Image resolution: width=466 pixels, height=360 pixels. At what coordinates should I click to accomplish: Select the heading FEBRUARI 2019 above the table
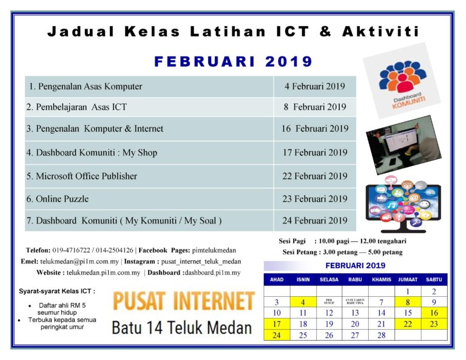click(233, 62)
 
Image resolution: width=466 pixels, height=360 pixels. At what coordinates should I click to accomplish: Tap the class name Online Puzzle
click(62, 199)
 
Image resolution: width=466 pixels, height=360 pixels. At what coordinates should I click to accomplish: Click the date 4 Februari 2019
click(314, 86)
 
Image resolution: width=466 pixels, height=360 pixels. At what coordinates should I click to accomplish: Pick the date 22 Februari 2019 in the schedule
click(314, 176)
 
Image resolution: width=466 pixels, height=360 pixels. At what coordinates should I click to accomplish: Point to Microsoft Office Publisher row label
click(81, 176)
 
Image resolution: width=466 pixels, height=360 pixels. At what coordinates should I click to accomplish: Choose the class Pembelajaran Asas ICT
click(76, 107)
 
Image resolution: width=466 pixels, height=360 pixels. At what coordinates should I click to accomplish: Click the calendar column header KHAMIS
click(381, 280)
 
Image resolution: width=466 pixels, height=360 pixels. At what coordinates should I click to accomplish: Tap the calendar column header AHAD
click(277, 280)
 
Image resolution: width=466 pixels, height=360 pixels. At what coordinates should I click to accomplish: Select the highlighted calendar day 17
click(277, 324)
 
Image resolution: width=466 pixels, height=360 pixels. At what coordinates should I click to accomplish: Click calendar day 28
click(381, 335)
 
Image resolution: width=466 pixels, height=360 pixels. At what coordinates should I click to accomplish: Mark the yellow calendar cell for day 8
click(407, 302)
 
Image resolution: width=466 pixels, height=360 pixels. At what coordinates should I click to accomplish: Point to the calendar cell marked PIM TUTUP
click(329, 302)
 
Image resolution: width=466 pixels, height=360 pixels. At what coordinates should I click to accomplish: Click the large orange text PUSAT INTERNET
click(183, 302)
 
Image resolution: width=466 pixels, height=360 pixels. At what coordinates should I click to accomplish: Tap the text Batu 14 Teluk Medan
click(181, 328)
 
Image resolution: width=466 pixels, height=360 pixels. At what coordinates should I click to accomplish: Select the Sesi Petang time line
click(342, 252)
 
